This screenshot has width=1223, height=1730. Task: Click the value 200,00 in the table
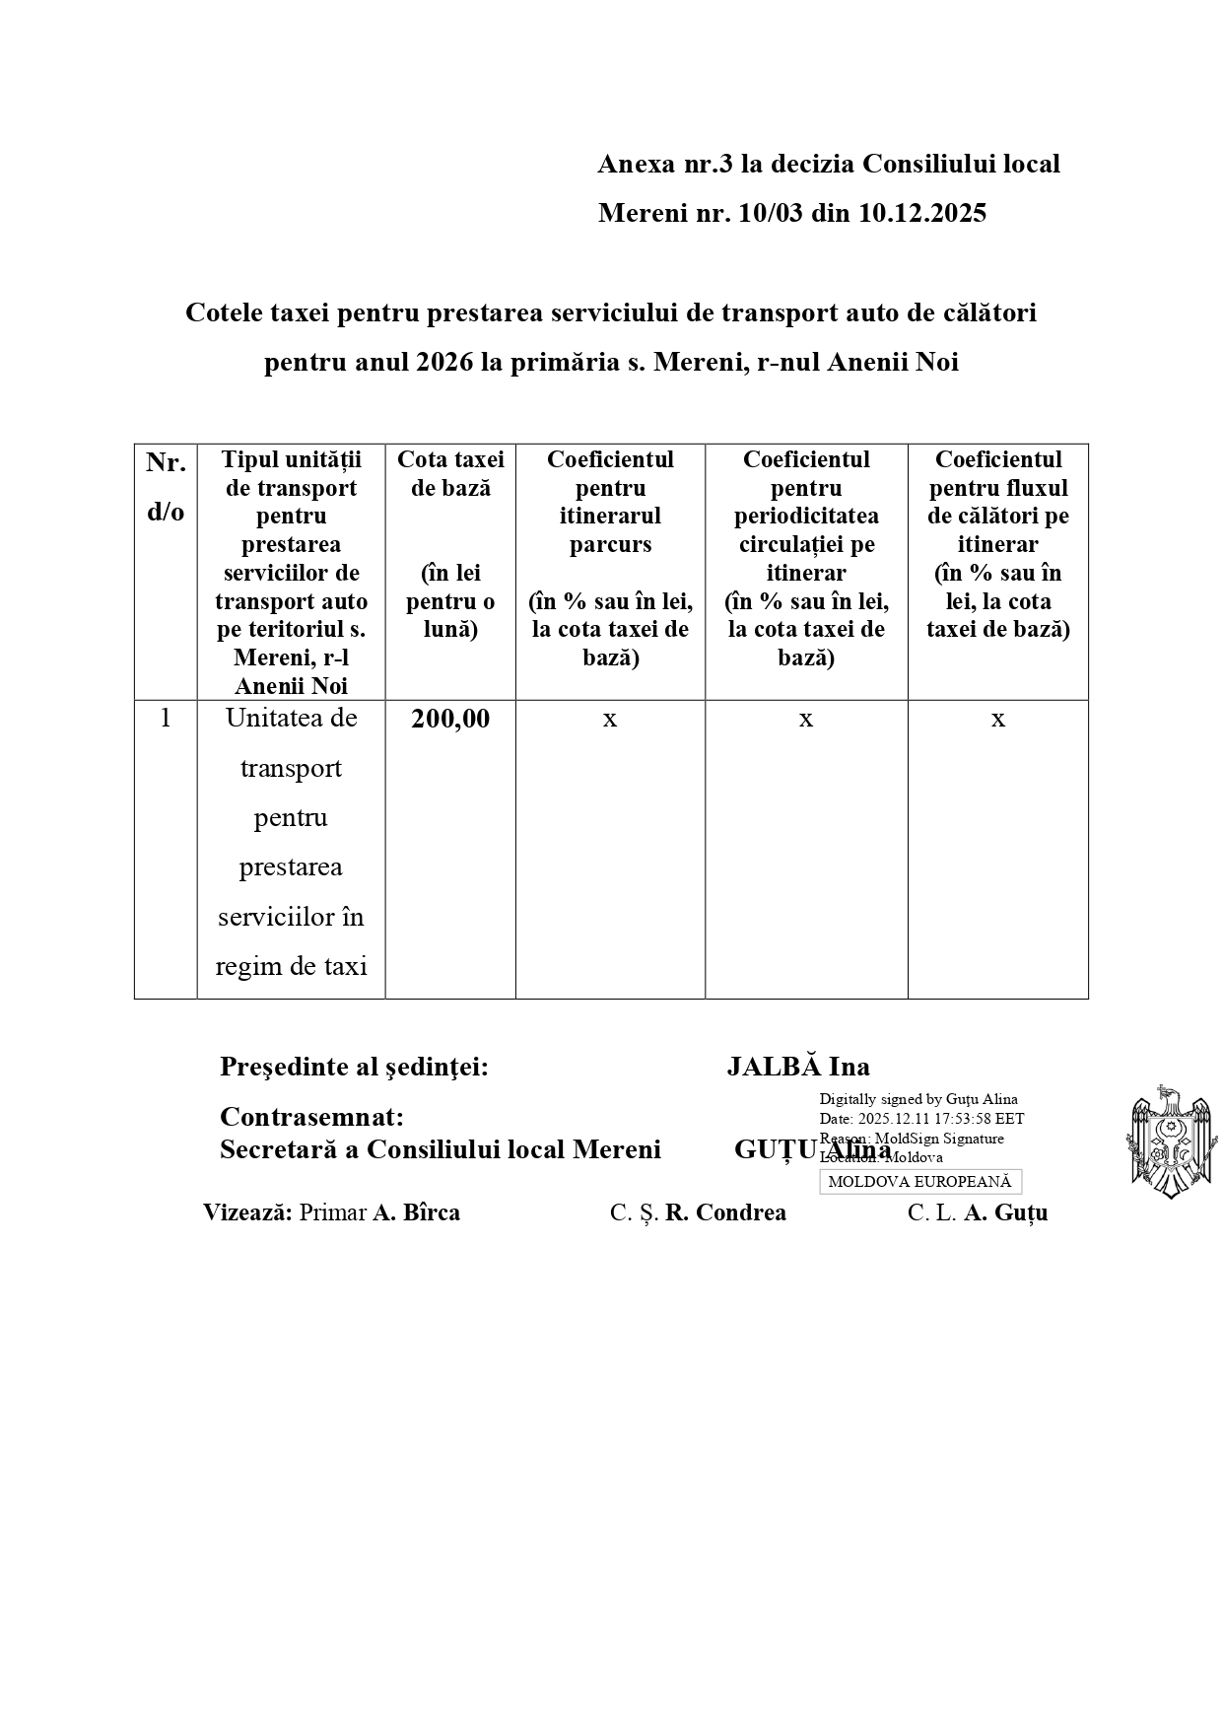tap(450, 719)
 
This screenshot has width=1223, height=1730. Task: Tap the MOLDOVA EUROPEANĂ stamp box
tap(919, 1182)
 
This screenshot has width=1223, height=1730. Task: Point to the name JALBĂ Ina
tap(798, 1067)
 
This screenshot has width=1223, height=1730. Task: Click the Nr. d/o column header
tap(166, 487)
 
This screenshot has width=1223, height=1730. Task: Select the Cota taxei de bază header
tap(450, 473)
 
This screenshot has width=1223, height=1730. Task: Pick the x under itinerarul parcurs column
tap(610, 720)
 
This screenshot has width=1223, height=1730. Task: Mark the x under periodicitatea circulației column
tap(806, 720)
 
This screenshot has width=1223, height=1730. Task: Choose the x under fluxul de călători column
tap(997, 720)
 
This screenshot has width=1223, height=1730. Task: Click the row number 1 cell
tap(166, 719)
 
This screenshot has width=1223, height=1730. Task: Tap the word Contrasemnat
tap(311, 1117)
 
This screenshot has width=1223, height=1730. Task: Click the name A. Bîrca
tap(416, 1212)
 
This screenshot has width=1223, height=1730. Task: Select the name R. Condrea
tap(725, 1212)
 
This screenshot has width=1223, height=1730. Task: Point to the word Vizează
tap(247, 1212)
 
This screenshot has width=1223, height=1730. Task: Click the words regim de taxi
tap(291, 966)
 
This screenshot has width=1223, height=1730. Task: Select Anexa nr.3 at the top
tap(665, 164)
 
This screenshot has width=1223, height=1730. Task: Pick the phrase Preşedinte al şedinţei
tap(354, 1067)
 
